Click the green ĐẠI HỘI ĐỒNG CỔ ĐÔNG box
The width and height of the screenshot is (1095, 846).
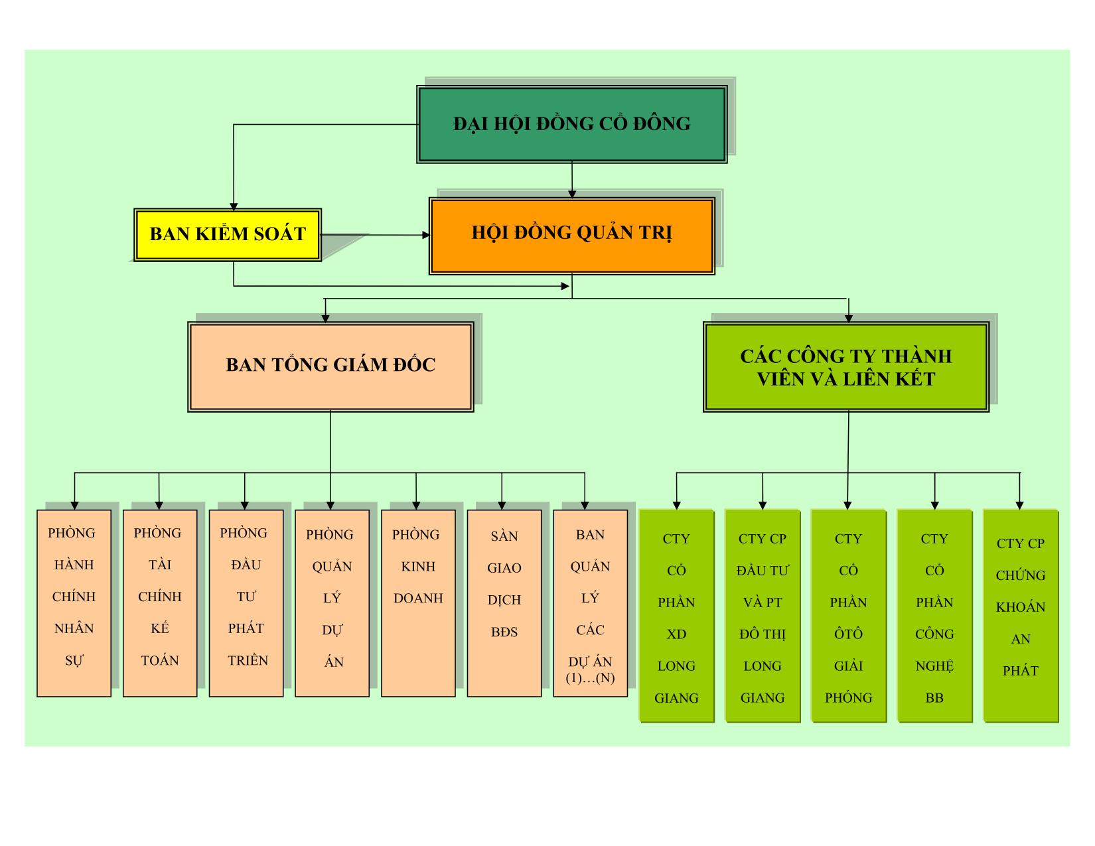point(571,124)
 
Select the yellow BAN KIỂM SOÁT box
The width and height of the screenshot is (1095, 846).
point(228,235)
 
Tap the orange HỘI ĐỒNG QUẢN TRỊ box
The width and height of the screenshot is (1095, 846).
point(571,236)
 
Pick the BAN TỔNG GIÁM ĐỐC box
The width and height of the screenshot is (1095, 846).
point(330,366)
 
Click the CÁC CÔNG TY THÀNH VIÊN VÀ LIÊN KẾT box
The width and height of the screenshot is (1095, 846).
point(846,367)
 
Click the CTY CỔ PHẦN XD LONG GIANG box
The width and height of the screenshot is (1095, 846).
point(676,616)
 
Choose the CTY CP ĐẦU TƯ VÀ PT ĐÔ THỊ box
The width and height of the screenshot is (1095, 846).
point(763,616)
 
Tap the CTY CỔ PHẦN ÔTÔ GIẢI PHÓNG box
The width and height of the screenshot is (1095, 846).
point(848,616)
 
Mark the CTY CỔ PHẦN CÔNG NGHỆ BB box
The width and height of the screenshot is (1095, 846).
point(934,616)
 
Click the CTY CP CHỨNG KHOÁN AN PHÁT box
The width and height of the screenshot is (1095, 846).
point(1021,616)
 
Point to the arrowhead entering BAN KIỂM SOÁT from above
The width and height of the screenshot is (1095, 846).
point(234,206)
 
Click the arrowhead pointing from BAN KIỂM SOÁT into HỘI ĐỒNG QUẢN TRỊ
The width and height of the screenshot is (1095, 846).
point(426,235)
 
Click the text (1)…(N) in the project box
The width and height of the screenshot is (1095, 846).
point(590,678)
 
